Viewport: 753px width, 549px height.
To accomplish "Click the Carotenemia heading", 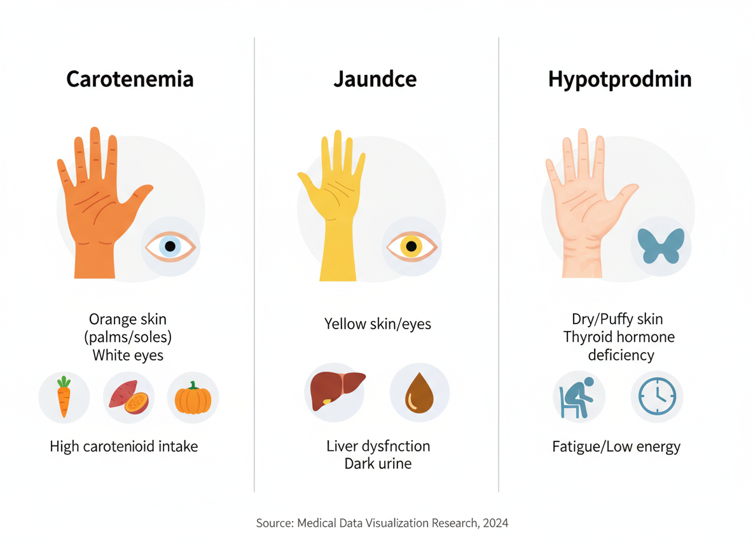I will pyautogui.click(x=130, y=79).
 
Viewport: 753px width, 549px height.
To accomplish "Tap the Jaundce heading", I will pyautogui.click(x=375, y=79).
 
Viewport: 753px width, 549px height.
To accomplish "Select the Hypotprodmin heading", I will pyautogui.click(x=620, y=79).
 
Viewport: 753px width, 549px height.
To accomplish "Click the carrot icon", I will pyautogui.click(x=64, y=397).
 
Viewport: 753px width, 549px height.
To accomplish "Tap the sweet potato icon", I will pyautogui.click(x=128, y=398).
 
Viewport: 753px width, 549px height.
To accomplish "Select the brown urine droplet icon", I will pyautogui.click(x=419, y=393).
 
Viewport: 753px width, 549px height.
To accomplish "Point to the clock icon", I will pyautogui.click(x=657, y=397).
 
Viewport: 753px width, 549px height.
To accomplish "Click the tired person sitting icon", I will pyautogui.click(x=578, y=398).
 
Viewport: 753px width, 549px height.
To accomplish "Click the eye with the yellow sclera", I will pyautogui.click(x=411, y=247).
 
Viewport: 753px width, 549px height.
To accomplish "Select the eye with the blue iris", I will pyautogui.click(x=170, y=247).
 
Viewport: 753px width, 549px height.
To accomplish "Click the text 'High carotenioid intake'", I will pyautogui.click(x=124, y=447).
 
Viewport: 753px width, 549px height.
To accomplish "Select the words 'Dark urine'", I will pyautogui.click(x=378, y=463).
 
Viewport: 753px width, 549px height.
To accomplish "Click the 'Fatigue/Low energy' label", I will pyautogui.click(x=616, y=447).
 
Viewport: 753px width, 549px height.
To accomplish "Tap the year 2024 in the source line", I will pyautogui.click(x=495, y=524).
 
